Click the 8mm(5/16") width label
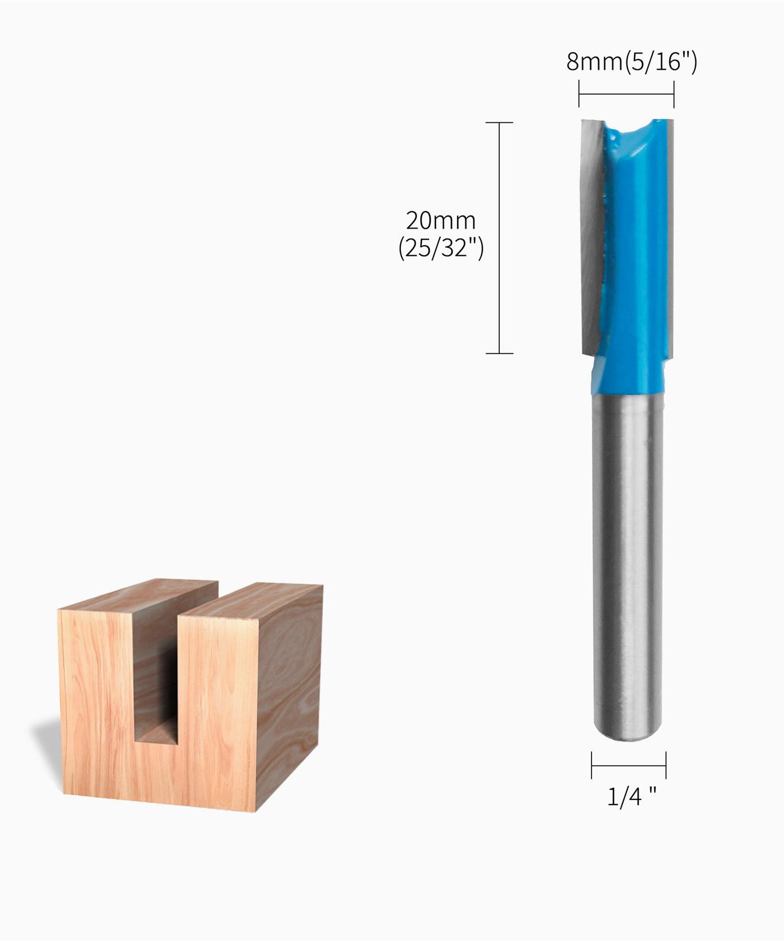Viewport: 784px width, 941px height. pyautogui.click(x=631, y=62)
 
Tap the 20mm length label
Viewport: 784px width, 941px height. pyautogui.click(x=441, y=221)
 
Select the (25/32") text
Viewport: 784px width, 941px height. pyautogui.click(x=441, y=248)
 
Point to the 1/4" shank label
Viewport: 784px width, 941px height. pyautogui.click(x=631, y=796)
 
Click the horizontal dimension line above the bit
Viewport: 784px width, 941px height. pyautogui.click(x=626, y=95)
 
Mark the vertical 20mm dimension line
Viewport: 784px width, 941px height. pyautogui.click(x=499, y=238)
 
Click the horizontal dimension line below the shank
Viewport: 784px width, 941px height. pyautogui.click(x=629, y=765)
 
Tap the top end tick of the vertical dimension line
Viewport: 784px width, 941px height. pyautogui.click(x=499, y=123)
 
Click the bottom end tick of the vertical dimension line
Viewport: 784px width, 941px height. pyautogui.click(x=499, y=353)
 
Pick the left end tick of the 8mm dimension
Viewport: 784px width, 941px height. pyautogui.click(x=579, y=94)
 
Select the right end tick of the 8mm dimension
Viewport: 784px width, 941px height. pyautogui.click(x=674, y=94)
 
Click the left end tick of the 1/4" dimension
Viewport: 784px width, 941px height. pyautogui.click(x=592, y=765)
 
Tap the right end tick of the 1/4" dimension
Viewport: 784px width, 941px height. pyautogui.click(x=666, y=765)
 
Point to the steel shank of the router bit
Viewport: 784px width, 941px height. pyautogui.click(x=627, y=549)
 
